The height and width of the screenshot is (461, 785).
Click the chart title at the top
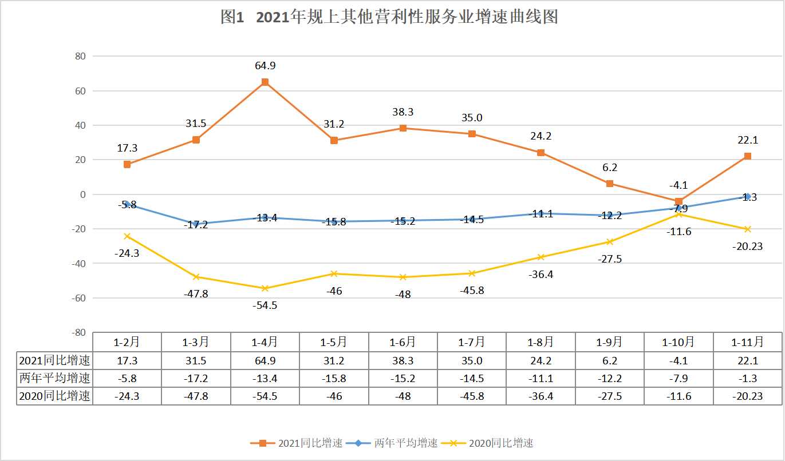pos(389,17)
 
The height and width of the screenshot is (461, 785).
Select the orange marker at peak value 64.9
pos(265,82)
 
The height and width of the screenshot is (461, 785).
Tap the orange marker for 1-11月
pos(747,156)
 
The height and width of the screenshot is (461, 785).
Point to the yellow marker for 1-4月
pos(265,288)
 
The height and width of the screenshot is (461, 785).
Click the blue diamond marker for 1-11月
pos(747,197)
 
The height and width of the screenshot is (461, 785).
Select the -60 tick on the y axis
pos(78,298)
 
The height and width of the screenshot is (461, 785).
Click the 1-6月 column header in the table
pos(403,342)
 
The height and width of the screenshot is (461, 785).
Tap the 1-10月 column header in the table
pos(679,342)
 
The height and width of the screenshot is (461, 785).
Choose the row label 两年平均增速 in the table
pos(55,378)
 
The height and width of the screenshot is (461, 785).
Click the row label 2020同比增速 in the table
pos(55,396)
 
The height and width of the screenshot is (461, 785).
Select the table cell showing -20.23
pos(747,396)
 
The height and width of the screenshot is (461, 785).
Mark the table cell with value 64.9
pos(265,361)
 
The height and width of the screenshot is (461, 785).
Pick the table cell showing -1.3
pos(747,378)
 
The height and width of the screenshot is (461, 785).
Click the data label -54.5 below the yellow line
pos(265,305)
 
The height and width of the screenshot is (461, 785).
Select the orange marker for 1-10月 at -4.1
pos(679,201)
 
